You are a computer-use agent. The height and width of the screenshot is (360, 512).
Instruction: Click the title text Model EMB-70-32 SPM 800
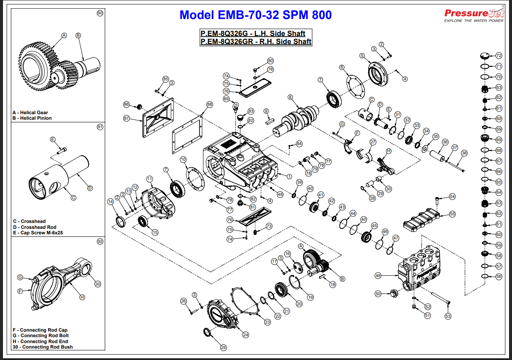tap(255, 15)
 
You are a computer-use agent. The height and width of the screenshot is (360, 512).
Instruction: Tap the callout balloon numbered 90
tap(100, 13)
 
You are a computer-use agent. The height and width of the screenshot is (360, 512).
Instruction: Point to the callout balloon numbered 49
tap(378, 275)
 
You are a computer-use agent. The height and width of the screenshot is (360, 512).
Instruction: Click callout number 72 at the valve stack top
tap(498, 55)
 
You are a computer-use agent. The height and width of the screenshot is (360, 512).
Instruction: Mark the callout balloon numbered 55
tap(452, 214)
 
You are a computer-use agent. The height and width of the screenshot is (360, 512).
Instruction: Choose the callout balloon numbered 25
tap(223, 347)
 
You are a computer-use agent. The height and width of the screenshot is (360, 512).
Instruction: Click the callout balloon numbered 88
tap(210, 104)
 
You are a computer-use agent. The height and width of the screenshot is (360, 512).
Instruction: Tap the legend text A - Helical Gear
tap(30, 113)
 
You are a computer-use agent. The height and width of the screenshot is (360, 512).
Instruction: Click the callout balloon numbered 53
tap(448, 316)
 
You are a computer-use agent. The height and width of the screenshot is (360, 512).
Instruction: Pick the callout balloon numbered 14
tap(110, 202)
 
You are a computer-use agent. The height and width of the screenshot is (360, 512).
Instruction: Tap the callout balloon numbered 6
tap(342, 67)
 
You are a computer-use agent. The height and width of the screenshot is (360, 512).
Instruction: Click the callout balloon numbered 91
tap(100, 127)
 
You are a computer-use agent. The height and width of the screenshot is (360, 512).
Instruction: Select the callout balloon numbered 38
tap(464, 153)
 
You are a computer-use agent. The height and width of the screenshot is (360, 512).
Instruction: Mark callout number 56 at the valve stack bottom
tap(498, 276)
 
